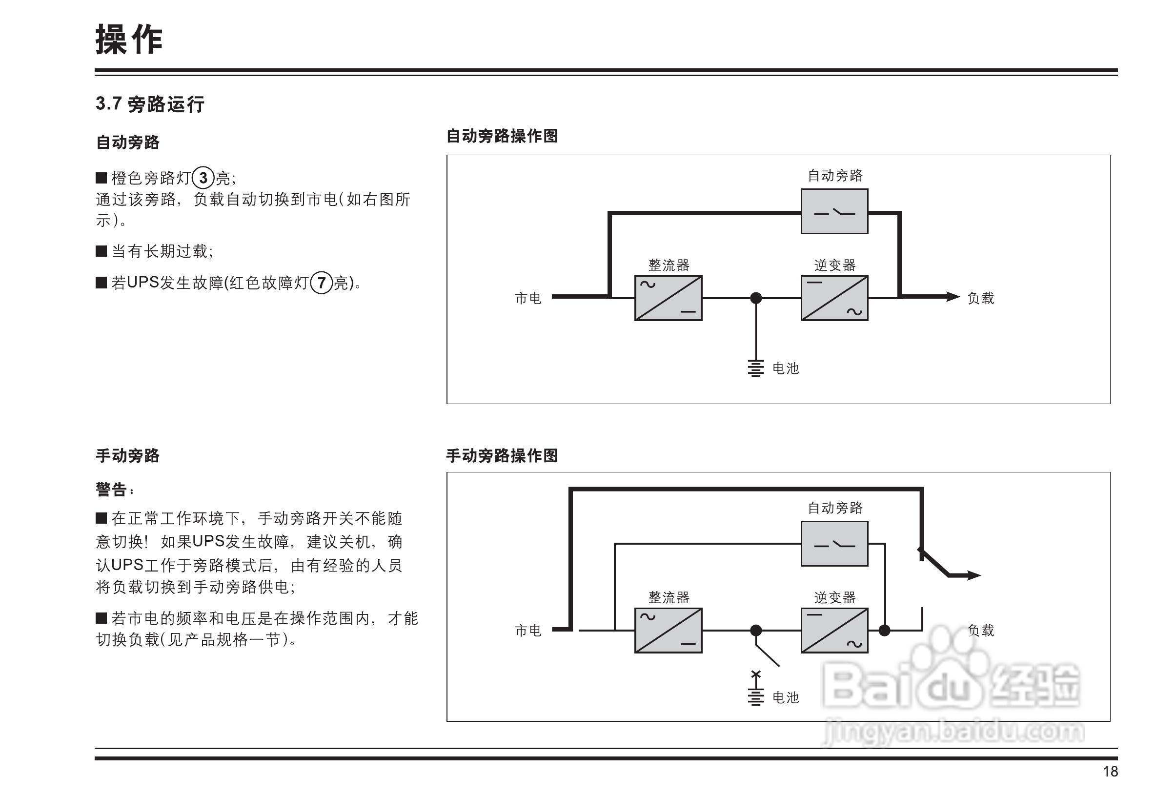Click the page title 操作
[129, 40]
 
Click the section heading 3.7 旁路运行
[150, 104]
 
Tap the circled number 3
[203, 178]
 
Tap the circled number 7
[322, 283]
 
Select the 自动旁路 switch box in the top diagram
[834, 211]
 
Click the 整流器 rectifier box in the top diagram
[668, 298]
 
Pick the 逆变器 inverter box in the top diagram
[834, 298]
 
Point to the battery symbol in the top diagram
[755, 368]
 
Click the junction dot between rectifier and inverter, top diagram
[756, 298]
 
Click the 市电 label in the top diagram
[527, 298]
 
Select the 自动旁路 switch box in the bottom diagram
[834, 544]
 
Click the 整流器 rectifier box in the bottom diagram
[668, 631]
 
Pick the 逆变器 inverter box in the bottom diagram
[834, 631]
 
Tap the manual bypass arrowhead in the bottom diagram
[973, 575]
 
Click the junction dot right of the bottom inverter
[884, 631]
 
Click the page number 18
[1110, 772]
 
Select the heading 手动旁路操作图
[502, 455]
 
